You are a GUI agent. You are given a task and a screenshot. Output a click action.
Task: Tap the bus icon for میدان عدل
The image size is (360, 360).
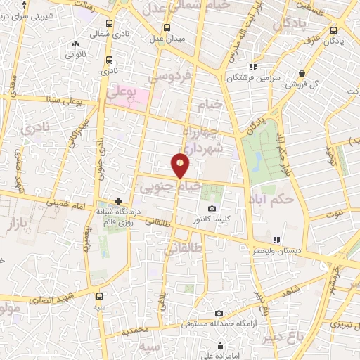167,28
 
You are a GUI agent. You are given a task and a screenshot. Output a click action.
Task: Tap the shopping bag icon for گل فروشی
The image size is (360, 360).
302,73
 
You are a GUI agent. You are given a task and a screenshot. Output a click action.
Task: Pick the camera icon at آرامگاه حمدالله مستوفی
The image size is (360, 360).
219,313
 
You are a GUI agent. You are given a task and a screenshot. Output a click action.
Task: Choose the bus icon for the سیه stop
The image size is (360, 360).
98,296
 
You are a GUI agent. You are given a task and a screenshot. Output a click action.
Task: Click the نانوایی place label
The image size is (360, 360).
75,53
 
